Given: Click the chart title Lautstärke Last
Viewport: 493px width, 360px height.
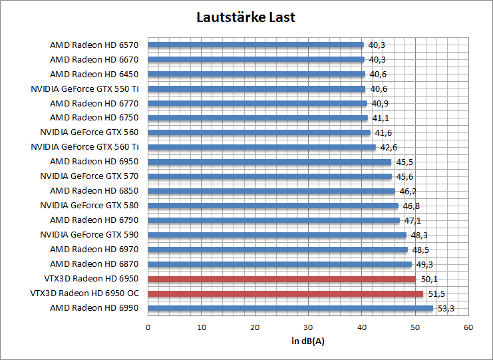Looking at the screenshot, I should coord(246,17).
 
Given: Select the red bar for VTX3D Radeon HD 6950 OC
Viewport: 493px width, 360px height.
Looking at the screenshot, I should coord(285,293).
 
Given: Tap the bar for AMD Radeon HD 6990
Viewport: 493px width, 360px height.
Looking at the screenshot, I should coord(290,308).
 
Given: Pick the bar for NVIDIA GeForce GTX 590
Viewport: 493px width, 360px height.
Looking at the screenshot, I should coord(277,235).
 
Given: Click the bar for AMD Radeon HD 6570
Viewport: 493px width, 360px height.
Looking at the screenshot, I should coord(255,45).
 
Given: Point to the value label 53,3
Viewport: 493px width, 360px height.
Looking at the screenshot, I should coord(445,308).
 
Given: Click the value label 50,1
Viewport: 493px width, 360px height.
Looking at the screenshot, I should coord(428,279).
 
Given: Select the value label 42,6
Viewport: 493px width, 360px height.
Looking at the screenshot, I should coord(388,147).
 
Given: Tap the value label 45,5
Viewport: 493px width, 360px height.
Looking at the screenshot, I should coord(403,162).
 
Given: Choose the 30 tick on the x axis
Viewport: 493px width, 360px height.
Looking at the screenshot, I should coord(308,327).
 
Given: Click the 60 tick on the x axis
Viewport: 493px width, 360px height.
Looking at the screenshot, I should coord(468,327).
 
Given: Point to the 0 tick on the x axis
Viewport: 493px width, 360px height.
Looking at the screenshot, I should coord(148,327).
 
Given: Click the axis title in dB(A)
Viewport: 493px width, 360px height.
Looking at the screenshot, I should coord(308,341).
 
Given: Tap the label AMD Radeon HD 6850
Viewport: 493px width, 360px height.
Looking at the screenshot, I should coord(94,191).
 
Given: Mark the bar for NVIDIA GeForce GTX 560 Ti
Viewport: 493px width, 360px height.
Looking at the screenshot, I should coord(261,147).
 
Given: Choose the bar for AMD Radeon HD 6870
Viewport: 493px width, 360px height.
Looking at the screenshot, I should coord(279,264).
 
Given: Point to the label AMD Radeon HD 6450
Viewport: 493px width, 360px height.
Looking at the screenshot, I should coord(94,74).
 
